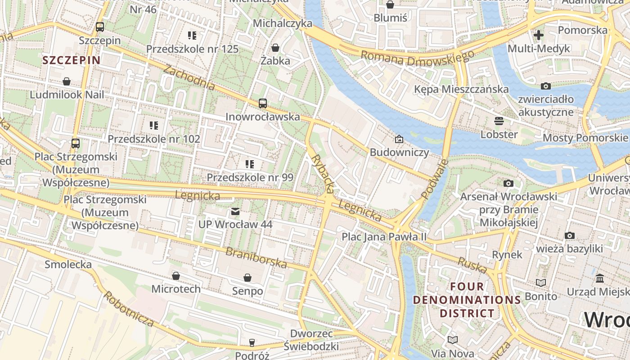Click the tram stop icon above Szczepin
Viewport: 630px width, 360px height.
click(100, 27)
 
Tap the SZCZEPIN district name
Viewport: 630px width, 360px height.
click(72, 60)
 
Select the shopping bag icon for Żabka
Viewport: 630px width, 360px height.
click(275, 47)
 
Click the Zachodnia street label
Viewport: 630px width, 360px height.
click(189, 77)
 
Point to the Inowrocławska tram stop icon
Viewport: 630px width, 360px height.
click(263, 103)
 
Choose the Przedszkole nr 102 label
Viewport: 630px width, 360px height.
click(153, 139)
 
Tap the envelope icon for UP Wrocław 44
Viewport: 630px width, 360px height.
click(235, 211)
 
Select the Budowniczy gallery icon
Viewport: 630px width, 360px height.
click(399, 139)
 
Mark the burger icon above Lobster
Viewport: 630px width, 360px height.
click(499, 121)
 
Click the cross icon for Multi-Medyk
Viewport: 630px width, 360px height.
click(539, 35)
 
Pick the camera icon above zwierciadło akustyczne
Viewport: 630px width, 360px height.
click(545, 86)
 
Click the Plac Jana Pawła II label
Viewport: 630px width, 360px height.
click(384, 236)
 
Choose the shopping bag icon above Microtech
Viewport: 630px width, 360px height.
click(176, 275)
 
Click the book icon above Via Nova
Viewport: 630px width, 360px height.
click(452, 340)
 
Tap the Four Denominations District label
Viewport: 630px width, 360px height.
click(467, 300)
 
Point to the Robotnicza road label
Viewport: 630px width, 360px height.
click(129, 309)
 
